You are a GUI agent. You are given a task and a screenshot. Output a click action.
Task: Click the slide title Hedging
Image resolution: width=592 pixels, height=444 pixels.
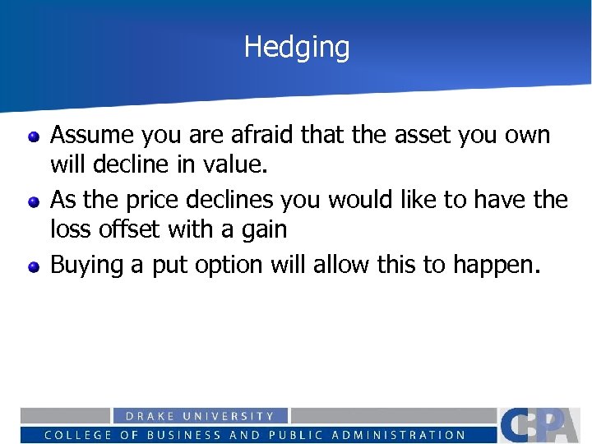(296, 47)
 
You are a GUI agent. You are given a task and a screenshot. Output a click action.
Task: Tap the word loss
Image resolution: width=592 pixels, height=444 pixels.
(70, 229)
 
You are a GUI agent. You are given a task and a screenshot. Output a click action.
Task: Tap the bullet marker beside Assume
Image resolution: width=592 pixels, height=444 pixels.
(33, 136)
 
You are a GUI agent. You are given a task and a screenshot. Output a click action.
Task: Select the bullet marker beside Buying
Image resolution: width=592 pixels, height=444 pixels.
(33, 266)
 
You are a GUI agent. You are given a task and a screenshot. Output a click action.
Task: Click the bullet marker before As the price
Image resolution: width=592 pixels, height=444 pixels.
(33, 200)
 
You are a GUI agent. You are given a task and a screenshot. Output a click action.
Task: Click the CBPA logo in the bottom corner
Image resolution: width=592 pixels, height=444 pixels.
(543, 424)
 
